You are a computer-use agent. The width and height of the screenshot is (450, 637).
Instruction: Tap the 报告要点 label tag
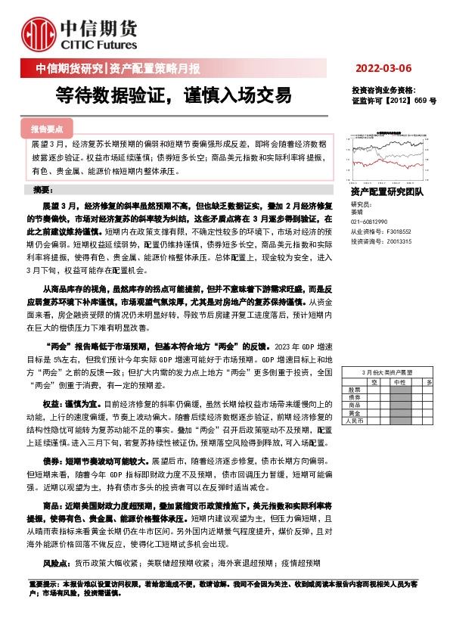51,129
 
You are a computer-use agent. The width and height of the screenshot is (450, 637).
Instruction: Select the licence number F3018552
400,232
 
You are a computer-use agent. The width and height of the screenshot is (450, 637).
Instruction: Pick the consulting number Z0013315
400,241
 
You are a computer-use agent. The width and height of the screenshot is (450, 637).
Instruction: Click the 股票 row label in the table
353,390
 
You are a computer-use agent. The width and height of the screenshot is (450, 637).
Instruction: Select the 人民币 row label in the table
355,421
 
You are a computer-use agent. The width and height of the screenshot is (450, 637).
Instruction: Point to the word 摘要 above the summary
45,189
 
